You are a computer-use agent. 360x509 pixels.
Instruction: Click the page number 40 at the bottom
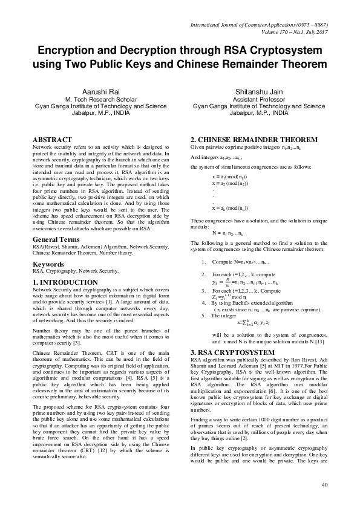click(x=325, y=485)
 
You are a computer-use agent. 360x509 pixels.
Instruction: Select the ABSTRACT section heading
click(x=53, y=140)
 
